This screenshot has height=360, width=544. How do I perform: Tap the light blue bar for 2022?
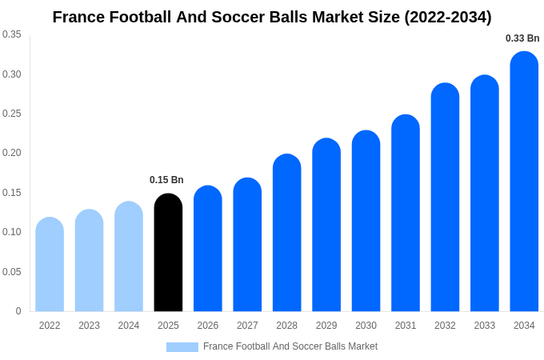click(x=50, y=265)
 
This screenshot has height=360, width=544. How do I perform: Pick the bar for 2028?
click(x=286, y=233)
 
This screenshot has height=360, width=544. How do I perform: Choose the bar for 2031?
click(x=406, y=214)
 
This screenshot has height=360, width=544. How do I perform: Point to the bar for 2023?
click(x=89, y=261)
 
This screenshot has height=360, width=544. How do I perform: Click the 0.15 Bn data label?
click(x=166, y=180)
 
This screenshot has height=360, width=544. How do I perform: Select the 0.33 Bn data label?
click(x=522, y=38)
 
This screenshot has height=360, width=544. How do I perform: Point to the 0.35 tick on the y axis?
click(x=12, y=34)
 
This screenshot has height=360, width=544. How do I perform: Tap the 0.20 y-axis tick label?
click(x=12, y=153)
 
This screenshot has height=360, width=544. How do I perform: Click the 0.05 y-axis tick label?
click(x=12, y=272)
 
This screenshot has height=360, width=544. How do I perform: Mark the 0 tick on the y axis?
click(x=18, y=311)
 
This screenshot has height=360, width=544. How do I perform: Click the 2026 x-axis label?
click(x=208, y=326)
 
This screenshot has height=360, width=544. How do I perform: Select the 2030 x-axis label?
click(x=366, y=326)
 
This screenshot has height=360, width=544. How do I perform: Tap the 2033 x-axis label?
click(x=484, y=326)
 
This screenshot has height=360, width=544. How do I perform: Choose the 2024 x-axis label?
click(x=129, y=326)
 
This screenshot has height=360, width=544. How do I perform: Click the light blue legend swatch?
click(x=182, y=347)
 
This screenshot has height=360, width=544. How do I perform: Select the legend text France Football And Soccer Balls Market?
click(x=290, y=346)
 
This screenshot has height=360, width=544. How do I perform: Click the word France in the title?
click(x=77, y=17)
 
